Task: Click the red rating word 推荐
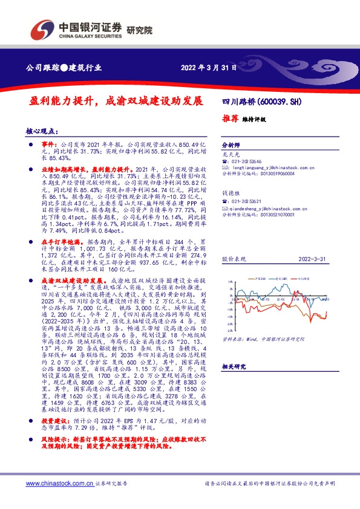point(230,118)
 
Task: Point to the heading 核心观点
point(41,131)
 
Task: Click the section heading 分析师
point(231,146)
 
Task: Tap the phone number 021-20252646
point(247,163)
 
